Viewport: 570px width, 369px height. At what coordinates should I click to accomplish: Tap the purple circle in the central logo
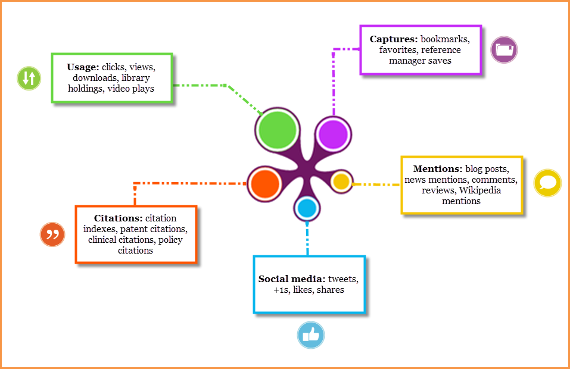333,134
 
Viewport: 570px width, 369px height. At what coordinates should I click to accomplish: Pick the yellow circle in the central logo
341,182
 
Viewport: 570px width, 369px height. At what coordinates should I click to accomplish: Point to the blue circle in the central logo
307,208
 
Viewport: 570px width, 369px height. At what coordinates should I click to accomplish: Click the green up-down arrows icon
29,78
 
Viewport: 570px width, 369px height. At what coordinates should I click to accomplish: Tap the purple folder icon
504,49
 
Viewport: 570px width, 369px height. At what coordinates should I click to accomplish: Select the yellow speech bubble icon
547,183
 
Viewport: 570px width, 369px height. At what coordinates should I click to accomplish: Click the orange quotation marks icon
52,234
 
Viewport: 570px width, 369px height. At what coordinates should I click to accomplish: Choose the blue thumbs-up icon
311,335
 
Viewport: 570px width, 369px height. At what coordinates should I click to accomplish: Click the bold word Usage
82,67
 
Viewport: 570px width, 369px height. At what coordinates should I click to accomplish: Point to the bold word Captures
394,39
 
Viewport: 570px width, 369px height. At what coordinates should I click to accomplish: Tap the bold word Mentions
437,169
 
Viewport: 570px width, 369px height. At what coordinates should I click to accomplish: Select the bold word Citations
118,218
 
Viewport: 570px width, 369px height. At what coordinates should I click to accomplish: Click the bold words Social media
291,279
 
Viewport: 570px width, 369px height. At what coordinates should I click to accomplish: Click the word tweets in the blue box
344,279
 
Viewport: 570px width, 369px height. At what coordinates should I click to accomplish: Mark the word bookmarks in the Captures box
446,39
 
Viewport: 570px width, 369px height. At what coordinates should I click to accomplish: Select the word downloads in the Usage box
94,78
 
